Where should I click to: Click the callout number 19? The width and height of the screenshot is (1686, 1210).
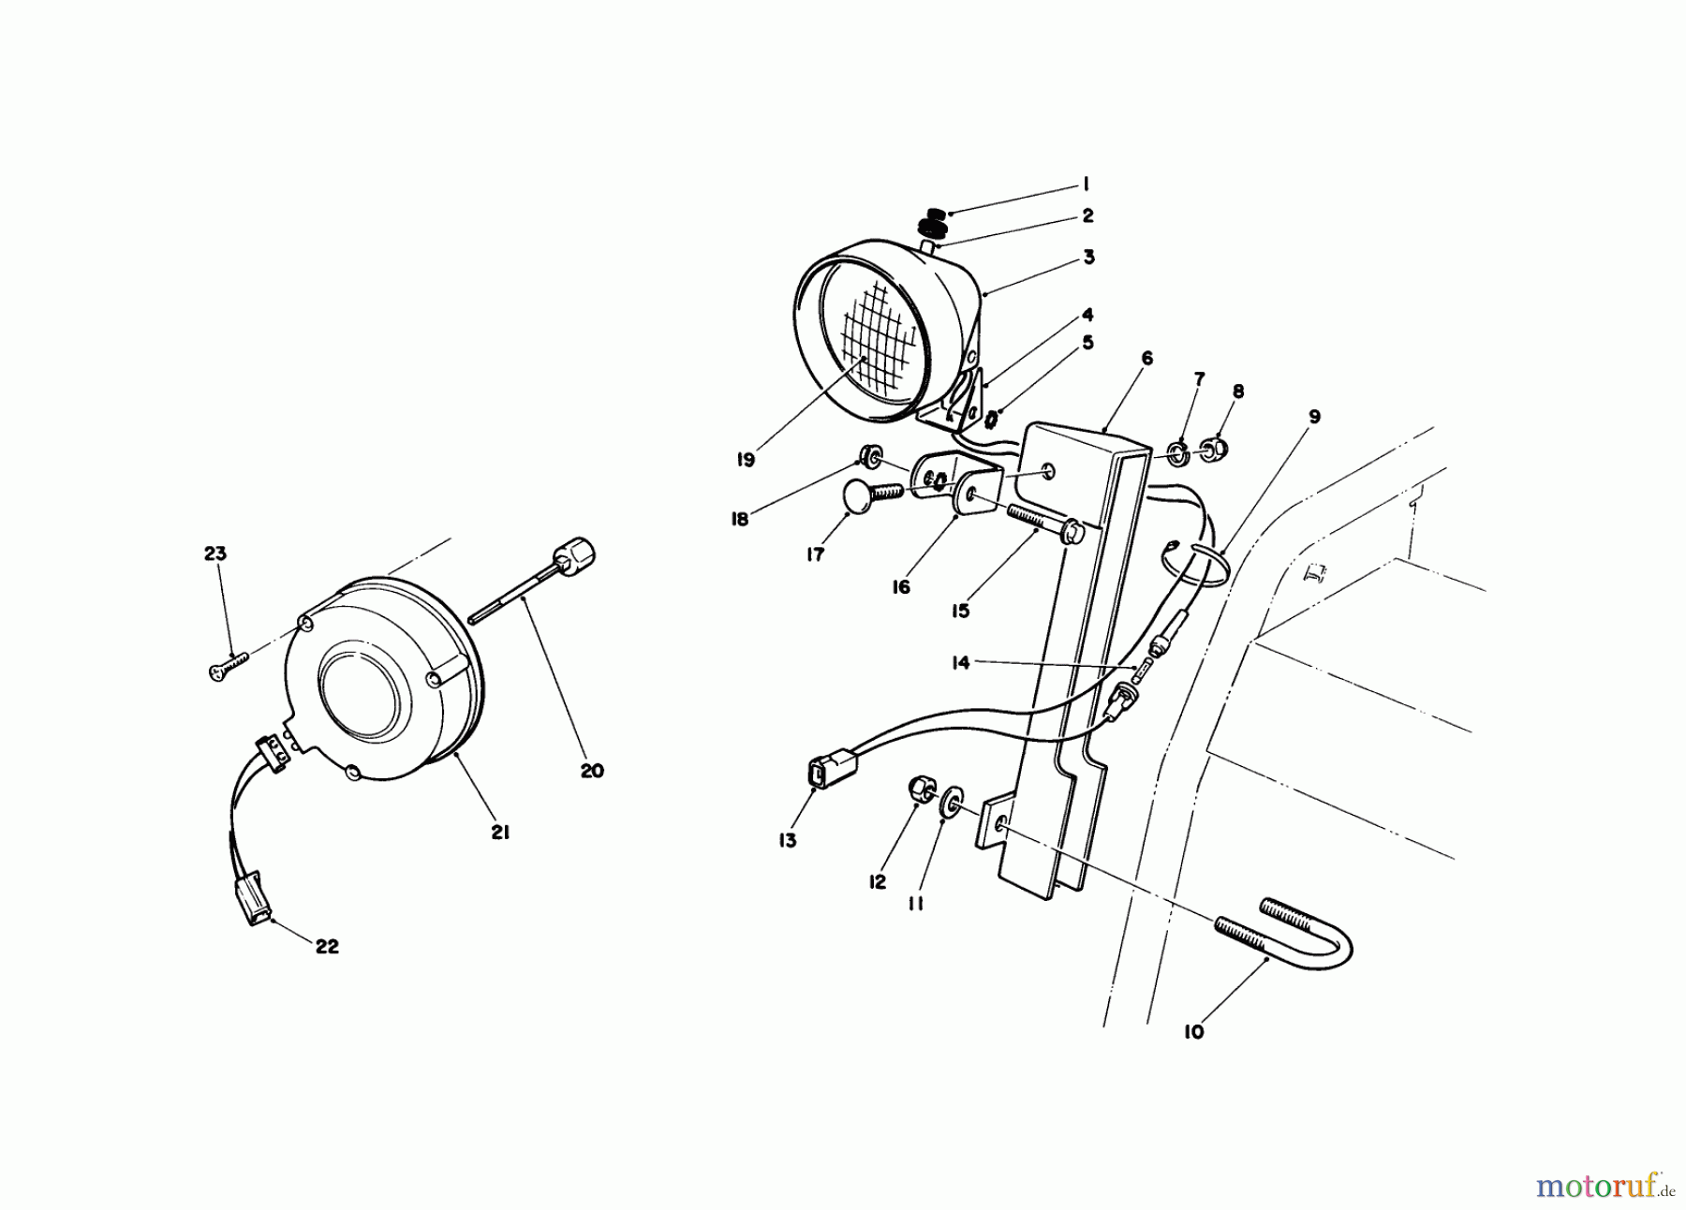746,460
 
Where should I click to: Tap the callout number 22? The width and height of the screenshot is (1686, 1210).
326,947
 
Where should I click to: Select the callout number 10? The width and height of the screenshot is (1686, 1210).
1193,1032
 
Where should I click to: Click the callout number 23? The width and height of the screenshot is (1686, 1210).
215,553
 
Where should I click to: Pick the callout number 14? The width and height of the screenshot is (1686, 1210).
959,663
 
